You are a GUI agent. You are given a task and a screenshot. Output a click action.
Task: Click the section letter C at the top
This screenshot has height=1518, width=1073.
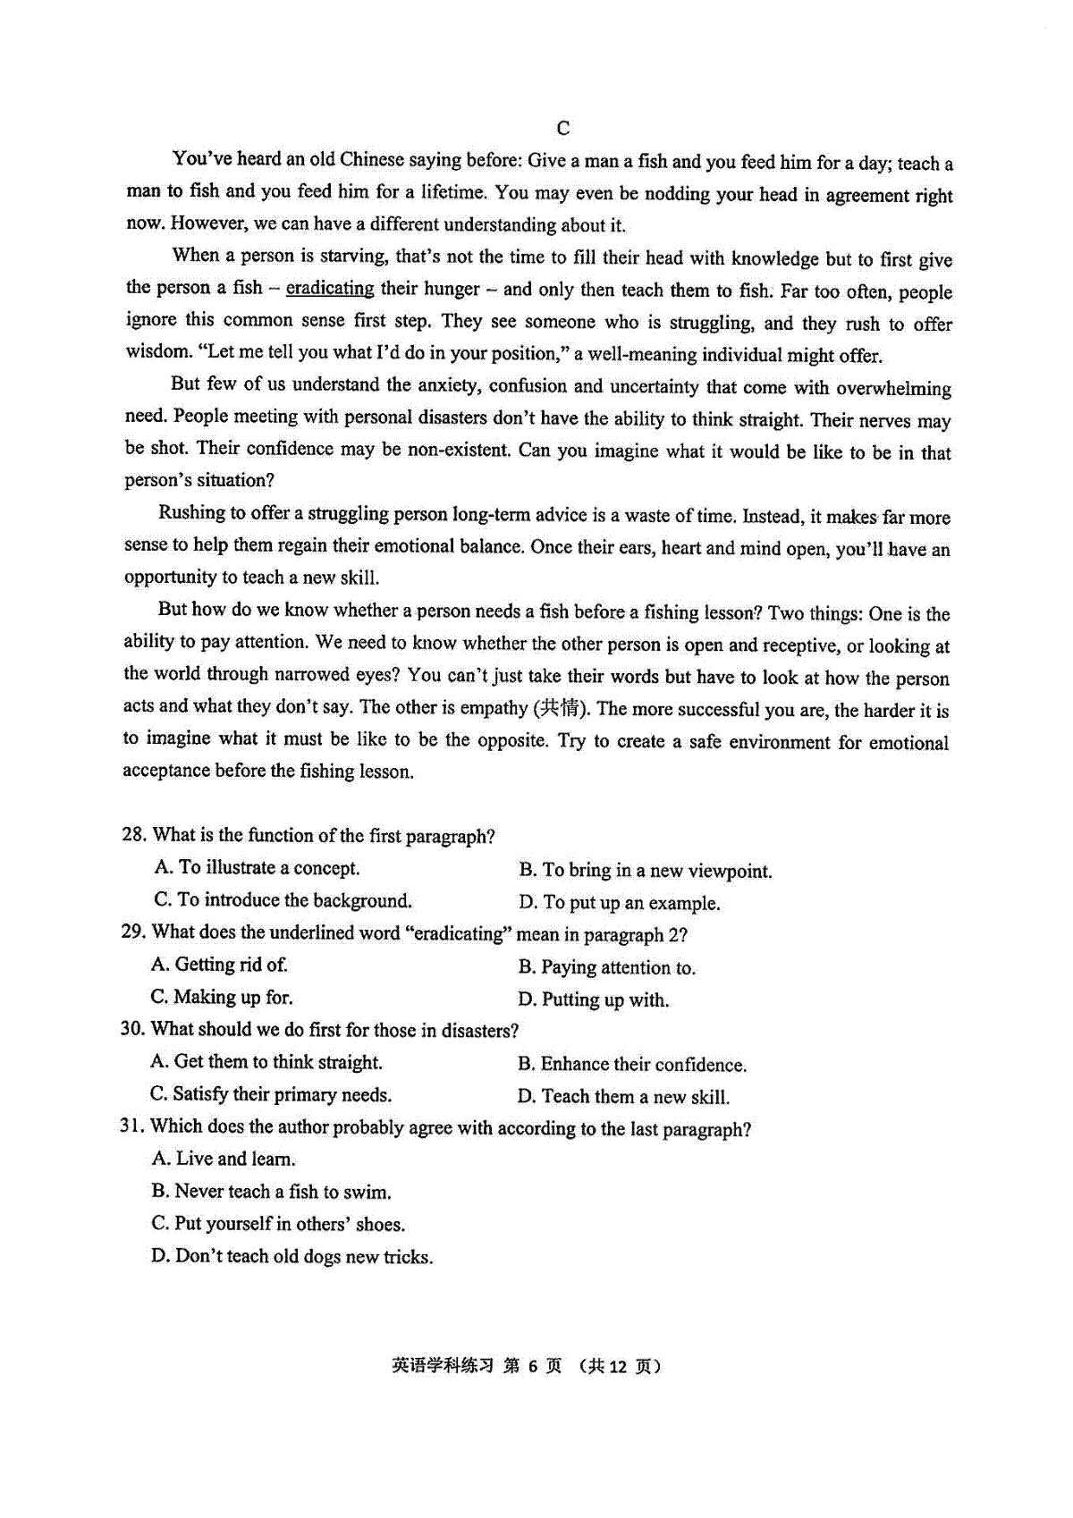pos(562,129)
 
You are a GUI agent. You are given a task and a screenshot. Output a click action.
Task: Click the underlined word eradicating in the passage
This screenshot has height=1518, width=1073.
pos(330,289)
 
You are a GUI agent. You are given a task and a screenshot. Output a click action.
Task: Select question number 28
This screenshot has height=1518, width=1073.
pos(133,835)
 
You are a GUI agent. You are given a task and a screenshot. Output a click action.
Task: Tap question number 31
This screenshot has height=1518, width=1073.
pos(131,1126)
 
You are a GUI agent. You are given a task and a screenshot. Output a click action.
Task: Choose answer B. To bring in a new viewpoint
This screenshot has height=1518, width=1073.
pos(646,871)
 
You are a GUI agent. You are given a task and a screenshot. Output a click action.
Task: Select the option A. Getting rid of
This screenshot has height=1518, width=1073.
pos(220,965)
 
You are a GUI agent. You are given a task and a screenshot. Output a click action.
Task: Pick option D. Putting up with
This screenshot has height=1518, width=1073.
pos(594,1000)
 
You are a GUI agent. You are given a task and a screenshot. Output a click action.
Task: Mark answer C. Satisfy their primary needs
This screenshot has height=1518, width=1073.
pos(271,1095)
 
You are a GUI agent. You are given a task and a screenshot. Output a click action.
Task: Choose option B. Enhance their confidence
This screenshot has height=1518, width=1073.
pos(632,1065)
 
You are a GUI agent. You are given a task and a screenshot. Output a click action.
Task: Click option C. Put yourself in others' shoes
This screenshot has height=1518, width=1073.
pos(278,1224)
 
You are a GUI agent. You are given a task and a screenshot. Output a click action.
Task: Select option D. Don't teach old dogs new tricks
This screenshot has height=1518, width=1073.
pos(292,1257)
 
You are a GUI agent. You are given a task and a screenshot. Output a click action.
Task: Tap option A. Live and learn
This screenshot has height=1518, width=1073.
pos(224,1160)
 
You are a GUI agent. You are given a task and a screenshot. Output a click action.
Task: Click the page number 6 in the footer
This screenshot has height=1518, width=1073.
pos(532,1366)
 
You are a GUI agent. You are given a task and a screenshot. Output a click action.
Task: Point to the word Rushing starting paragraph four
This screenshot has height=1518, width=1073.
pos(191,513)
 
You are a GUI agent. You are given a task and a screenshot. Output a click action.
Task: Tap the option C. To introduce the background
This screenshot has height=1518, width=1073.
pos(283,900)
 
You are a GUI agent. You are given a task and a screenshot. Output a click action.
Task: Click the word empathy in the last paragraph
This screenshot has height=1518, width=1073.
pos(494,708)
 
